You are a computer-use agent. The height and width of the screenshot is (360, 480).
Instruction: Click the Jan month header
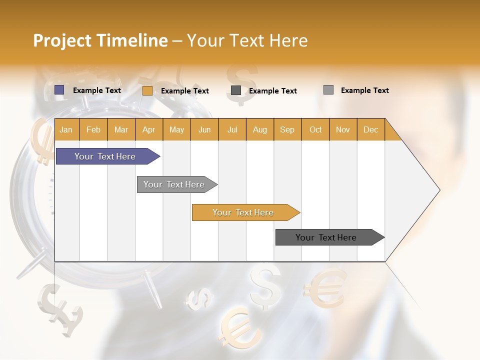click(66, 129)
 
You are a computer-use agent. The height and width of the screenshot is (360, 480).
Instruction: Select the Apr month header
click(149, 129)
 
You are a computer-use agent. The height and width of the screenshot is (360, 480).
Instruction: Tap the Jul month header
click(232, 129)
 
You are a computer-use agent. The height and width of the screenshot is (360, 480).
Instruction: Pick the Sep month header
click(287, 129)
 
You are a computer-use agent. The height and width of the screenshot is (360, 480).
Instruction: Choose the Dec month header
click(370, 129)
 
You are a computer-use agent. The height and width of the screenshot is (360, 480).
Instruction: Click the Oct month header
click(315, 129)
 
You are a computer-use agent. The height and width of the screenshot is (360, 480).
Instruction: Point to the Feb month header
click(93, 129)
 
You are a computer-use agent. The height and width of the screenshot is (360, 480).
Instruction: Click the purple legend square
click(59, 90)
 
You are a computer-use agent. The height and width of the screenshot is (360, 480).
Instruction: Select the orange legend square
click(147, 90)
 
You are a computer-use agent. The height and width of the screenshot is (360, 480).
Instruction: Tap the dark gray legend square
click(236, 90)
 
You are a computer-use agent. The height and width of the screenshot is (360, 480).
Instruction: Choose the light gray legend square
click(328, 90)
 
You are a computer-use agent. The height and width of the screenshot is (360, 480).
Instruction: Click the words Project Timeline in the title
click(100, 40)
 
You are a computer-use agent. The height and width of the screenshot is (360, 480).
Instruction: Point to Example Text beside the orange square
click(184, 91)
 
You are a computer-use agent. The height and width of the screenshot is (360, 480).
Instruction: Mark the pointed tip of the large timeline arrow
click(438, 190)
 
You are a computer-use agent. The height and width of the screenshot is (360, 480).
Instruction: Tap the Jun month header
click(204, 129)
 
